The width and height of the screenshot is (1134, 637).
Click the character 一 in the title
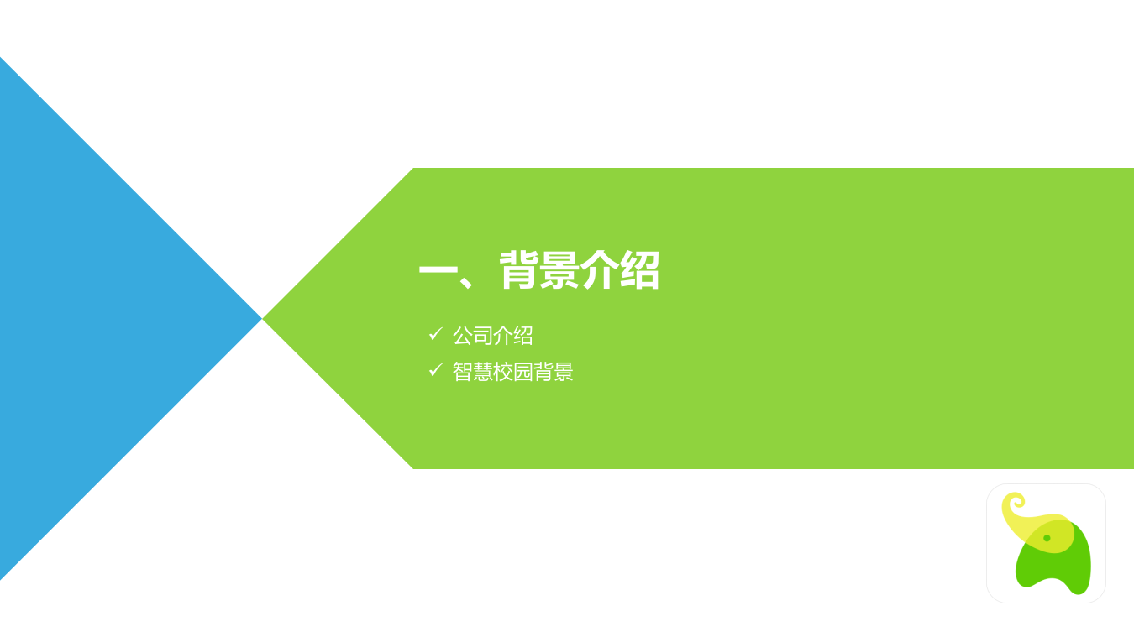coord(438,272)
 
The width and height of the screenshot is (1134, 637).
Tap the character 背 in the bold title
coord(519,270)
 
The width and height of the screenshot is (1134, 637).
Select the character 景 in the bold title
coord(559,270)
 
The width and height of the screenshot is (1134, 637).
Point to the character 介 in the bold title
coord(600,270)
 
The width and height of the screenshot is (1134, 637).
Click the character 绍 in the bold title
coord(640,270)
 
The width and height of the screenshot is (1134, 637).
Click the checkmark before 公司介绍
coord(435,334)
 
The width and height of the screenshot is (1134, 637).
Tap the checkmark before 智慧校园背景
coord(435,369)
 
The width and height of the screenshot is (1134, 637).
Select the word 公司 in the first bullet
coord(472,336)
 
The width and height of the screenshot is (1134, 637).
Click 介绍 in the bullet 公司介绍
coord(512,336)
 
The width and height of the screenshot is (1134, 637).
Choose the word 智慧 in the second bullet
coord(472,372)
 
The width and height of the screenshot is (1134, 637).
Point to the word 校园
coord(512,372)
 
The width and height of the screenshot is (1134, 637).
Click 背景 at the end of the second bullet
coord(553,372)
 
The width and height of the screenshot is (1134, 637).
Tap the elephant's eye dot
coord(1047,538)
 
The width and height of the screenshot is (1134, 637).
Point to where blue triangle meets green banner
coord(262,319)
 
